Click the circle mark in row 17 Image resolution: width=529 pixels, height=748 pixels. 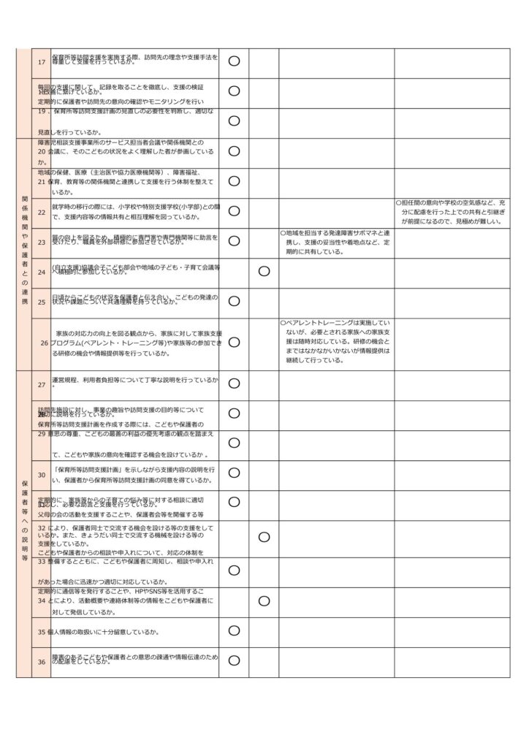pos(234,61)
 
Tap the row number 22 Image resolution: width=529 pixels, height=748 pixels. pos(42,212)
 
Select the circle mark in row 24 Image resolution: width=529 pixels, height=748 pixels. pos(264,271)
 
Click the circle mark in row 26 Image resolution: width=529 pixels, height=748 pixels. pos(234,341)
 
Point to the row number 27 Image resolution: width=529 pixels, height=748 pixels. pos(42,384)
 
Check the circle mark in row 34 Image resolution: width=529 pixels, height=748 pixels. pos(264,600)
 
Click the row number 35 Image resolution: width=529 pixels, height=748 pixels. pos(42,631)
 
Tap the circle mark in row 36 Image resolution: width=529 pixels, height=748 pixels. pos(234,661)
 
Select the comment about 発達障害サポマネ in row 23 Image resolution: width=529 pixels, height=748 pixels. pos(335,242)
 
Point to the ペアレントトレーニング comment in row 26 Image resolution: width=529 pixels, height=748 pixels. pos(335,341)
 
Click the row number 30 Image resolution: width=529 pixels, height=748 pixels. pos(42,475)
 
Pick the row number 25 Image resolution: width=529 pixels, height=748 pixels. pos(42,302)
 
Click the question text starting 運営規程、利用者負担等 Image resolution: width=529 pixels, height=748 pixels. pos(135,381)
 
